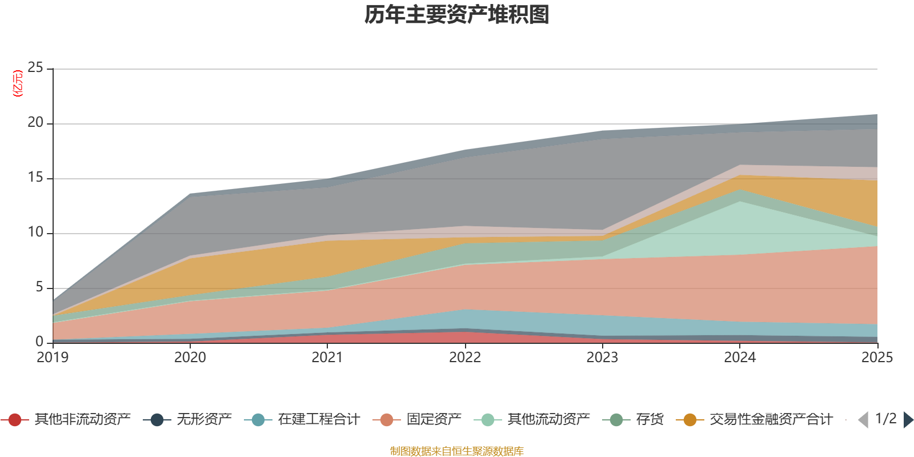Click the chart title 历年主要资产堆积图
(457, 15)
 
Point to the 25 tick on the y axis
(35, 68)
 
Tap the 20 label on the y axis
(35, 123)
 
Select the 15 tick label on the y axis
(35, 178)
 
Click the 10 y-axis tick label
(35, 232)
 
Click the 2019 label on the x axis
(53, 358)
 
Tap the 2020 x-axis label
(190, 358)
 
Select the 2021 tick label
(327, 358)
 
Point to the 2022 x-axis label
(465, 358)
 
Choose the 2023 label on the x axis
(602, 358)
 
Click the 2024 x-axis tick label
(740, 358)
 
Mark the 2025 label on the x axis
(877, 358)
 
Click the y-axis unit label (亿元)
(18, 83)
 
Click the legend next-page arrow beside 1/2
(908, 420)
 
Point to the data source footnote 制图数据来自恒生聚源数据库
(457, 451)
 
